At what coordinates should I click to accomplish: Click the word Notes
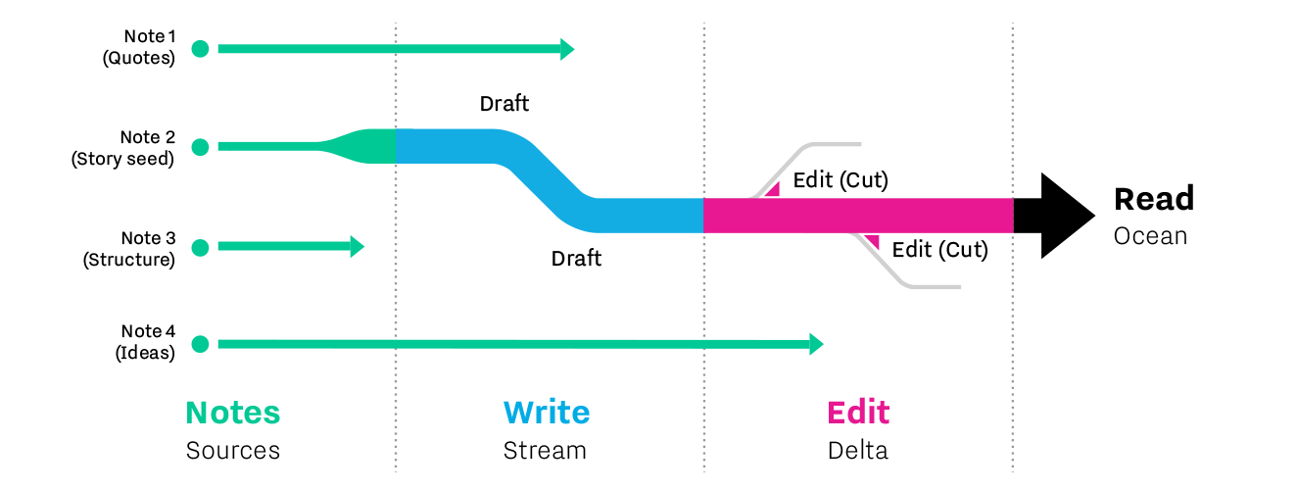(x=233, y=413)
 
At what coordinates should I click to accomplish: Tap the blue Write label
(x=547, y=413)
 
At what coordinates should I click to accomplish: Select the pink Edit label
(x=858, y=413)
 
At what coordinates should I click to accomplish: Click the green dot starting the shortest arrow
(x=200, y=247)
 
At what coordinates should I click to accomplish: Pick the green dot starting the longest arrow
(x=200, y=344)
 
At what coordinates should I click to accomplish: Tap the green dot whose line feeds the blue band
(x=200, y=147)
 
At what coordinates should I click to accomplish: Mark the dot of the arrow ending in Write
(x=200, y=48)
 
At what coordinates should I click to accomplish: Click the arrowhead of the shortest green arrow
(x=358, y=247)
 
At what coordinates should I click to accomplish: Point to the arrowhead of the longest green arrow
(x=817, y=344)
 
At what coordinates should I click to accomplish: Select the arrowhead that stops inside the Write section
(x=567, y=48)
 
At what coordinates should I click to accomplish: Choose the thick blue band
(x=549, y=180)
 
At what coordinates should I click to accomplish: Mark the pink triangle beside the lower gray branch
(x=872, y=240)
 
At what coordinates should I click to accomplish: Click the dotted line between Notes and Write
(x=396, y=294)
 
